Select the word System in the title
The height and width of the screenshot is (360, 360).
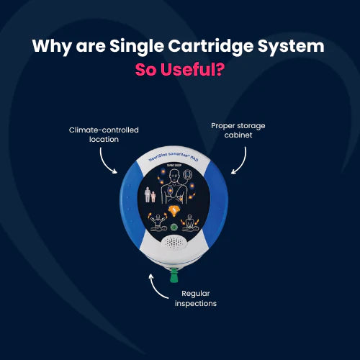pos(291,48)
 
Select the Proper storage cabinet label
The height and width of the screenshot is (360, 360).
pos(238,130)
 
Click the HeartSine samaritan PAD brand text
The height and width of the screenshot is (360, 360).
pos(175,156)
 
